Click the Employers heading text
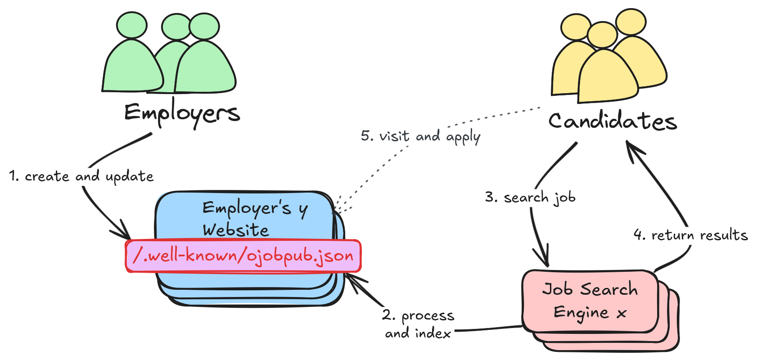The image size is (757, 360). (182, 113)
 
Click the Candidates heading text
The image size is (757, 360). (613, 121)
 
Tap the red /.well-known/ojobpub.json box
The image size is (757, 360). (243, 256)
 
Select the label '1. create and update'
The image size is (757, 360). (81, 176)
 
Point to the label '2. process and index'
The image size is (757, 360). (418, 324)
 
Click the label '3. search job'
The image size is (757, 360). (530, 198)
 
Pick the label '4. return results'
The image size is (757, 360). (690, 235)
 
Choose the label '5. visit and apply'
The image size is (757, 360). (420, 136)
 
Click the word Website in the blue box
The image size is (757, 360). (235, 230)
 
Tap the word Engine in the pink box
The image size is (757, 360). (581, 312)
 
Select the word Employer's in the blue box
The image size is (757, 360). (247, 208)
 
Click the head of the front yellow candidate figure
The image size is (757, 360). (602, 35)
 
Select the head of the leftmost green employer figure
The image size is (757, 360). (131, 26)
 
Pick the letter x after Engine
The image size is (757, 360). (622, 314)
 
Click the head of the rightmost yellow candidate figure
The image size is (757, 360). (631, 22)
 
